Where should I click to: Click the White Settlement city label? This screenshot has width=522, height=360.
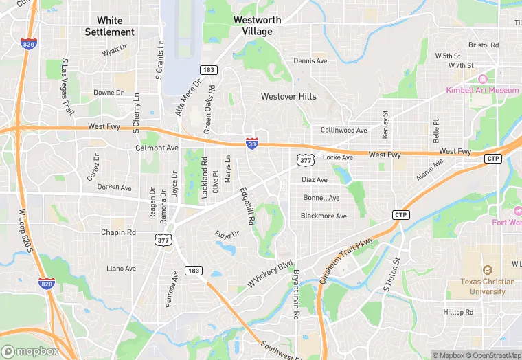pyautogui.click(x=110, y=26)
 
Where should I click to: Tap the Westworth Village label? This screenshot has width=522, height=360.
pyautogui.click(x=257, y=25)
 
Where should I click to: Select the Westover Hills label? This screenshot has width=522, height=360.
pyautogui.click(x=288, y=96)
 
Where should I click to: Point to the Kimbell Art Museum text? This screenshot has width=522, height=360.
pyautogui.click(x=482, y=90)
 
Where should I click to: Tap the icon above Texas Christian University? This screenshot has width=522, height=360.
pyautogui.click(x=488, y=270)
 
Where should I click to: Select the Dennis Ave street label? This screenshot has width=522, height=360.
pyautogui.click(x=310, y=61)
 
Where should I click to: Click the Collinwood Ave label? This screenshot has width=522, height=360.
pyautogui.click(x=344, y=130)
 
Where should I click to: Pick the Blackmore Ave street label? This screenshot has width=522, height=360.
pyautogui.click(x=324, y=216)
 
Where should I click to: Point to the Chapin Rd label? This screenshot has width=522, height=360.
pyautogui.click(x=118, y=232)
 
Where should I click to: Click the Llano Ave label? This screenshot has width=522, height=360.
pyautogui.click(x=122, y=269)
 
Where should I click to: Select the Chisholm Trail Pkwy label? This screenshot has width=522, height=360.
pyautogui.click(x=346, y=261)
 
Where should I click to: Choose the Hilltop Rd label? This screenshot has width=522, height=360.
pyautogui.click(x=458, y=312)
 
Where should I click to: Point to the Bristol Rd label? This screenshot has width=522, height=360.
pyautogui.click(x=484, y=45)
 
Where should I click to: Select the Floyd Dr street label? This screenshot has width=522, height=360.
pyautogui.click(x=227, y=235)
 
